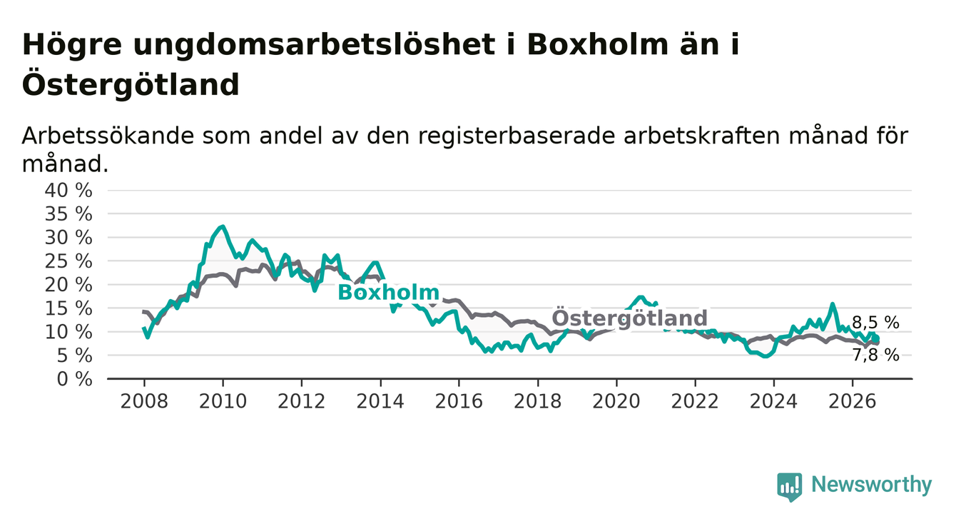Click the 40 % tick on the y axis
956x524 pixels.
(x=68, y=191)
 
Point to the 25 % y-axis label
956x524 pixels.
(x=68, y=261)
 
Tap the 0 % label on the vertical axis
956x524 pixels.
(x=74, y=379)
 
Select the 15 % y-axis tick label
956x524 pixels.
(x=68, y=308)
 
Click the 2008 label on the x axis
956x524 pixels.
(x=144, y=402)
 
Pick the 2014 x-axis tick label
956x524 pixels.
(x=380, y=402)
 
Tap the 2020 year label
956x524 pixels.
(x=616, y=402)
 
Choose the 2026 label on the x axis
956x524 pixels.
(x=853, y=402)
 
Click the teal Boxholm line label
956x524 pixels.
(x=388, y=293)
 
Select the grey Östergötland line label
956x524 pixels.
(x=629, y=318)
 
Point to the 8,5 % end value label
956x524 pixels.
(x=875, y=323)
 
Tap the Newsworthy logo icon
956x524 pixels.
(x=790, y=487)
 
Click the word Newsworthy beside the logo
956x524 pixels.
(x=872, y=485)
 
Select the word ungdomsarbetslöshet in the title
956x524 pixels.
(x=314, y=45)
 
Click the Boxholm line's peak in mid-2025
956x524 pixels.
(x=833, y=304)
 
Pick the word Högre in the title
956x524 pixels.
(x=72, y=45)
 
